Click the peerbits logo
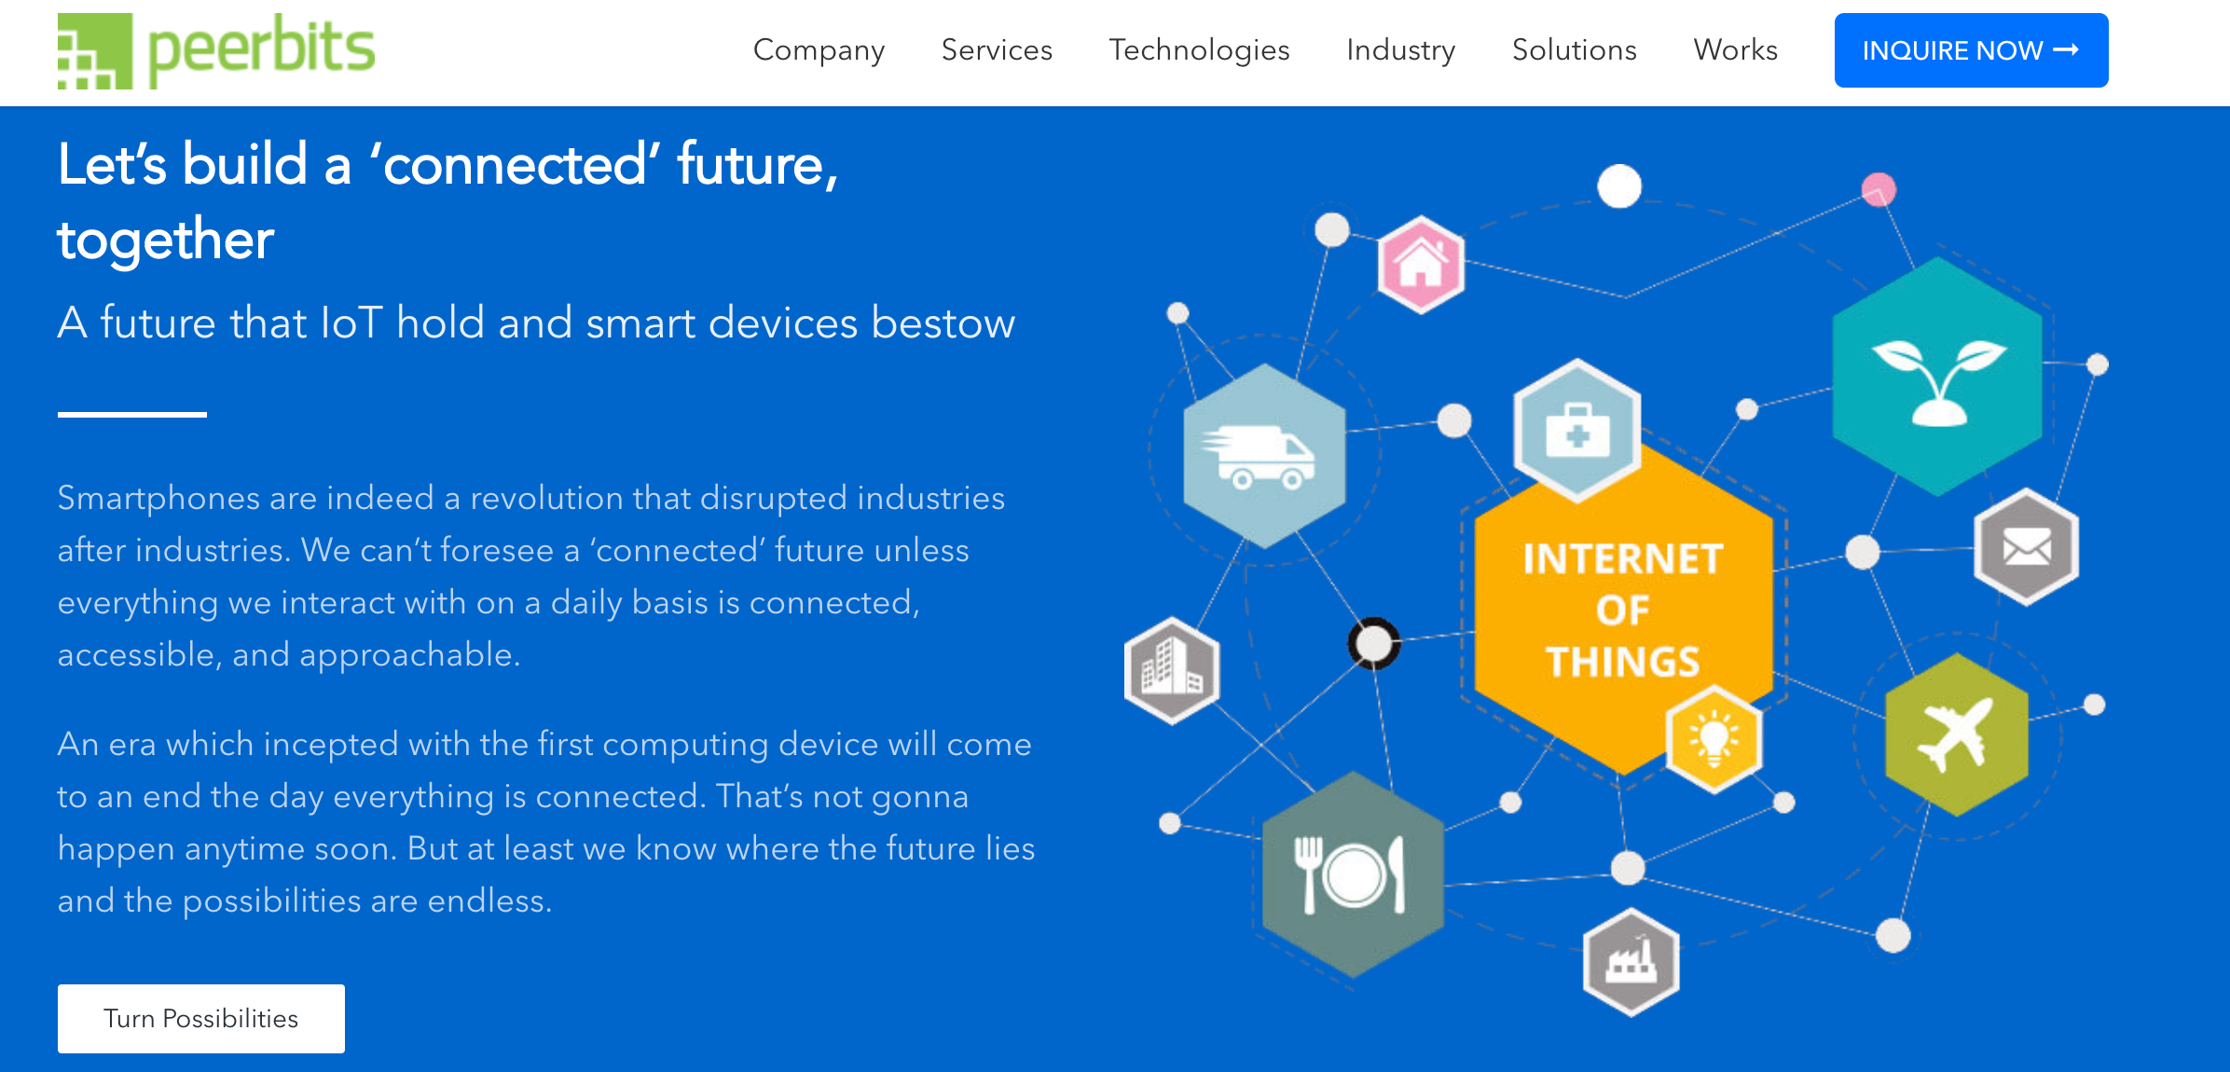[x=216, y=50]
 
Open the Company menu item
[x=819, y=50]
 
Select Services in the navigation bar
[x=997, y=49]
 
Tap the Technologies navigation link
[x=1199, y=50]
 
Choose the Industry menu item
[x=1400, y=50]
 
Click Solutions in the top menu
[x=1575, y=49]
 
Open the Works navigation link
[x=1735, y=49]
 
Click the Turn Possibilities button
[x=201, y=1018]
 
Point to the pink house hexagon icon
[x=1421, y=264]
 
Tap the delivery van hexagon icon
[x=1264, y=456]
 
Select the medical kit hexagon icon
[x=1576, y=431]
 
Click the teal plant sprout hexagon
[x=1937, y=377]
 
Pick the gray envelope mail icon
[x=2026, y=546]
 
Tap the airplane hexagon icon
[x=1956, y=735]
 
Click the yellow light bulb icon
[x=1714, y=738]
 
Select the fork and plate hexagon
[x=1353, y=874]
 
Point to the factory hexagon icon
[x=1631, y=961]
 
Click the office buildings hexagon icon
[x=1172, y=670]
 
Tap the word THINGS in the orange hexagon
[x=1623, y=662]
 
